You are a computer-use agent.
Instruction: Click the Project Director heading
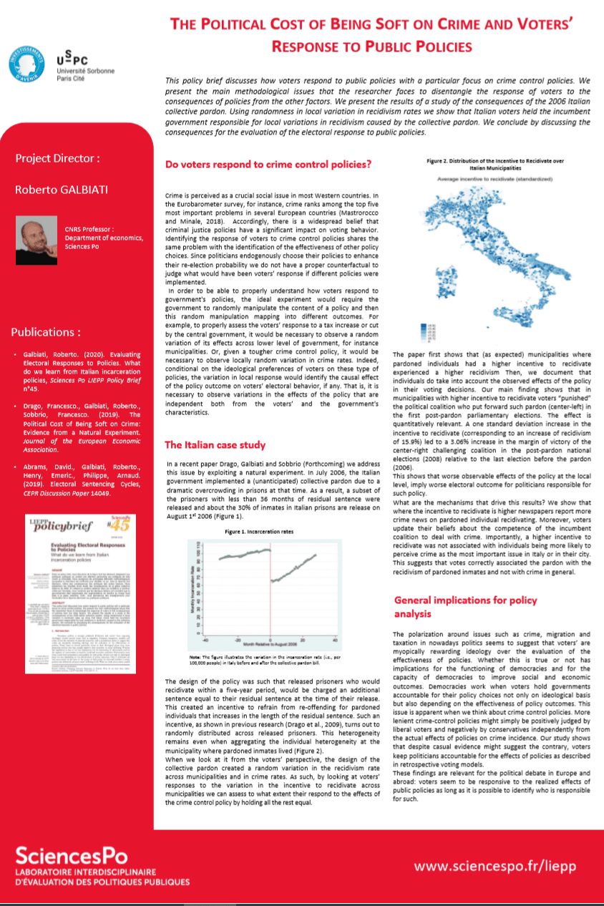coord(58,157)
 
